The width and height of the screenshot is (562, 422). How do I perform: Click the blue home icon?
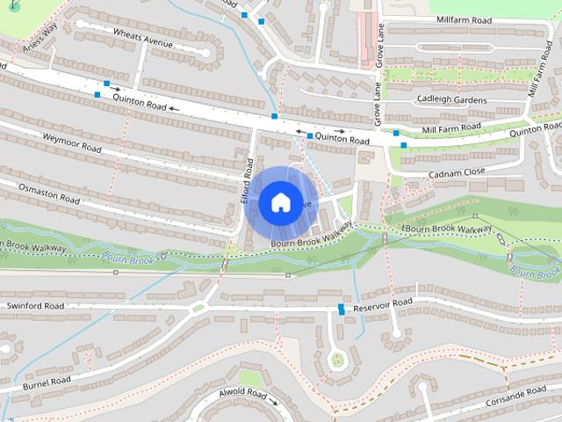279,202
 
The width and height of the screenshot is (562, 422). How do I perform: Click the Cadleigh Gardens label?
451,99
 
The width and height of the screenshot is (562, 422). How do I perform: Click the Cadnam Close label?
457,173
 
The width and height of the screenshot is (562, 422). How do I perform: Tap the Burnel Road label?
47,383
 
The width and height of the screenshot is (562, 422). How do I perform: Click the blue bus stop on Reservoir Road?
341,309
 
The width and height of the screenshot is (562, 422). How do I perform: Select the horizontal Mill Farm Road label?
453,130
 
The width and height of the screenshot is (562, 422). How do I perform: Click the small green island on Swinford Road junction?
200,307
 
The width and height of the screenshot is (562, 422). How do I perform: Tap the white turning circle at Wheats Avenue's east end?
205,54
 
